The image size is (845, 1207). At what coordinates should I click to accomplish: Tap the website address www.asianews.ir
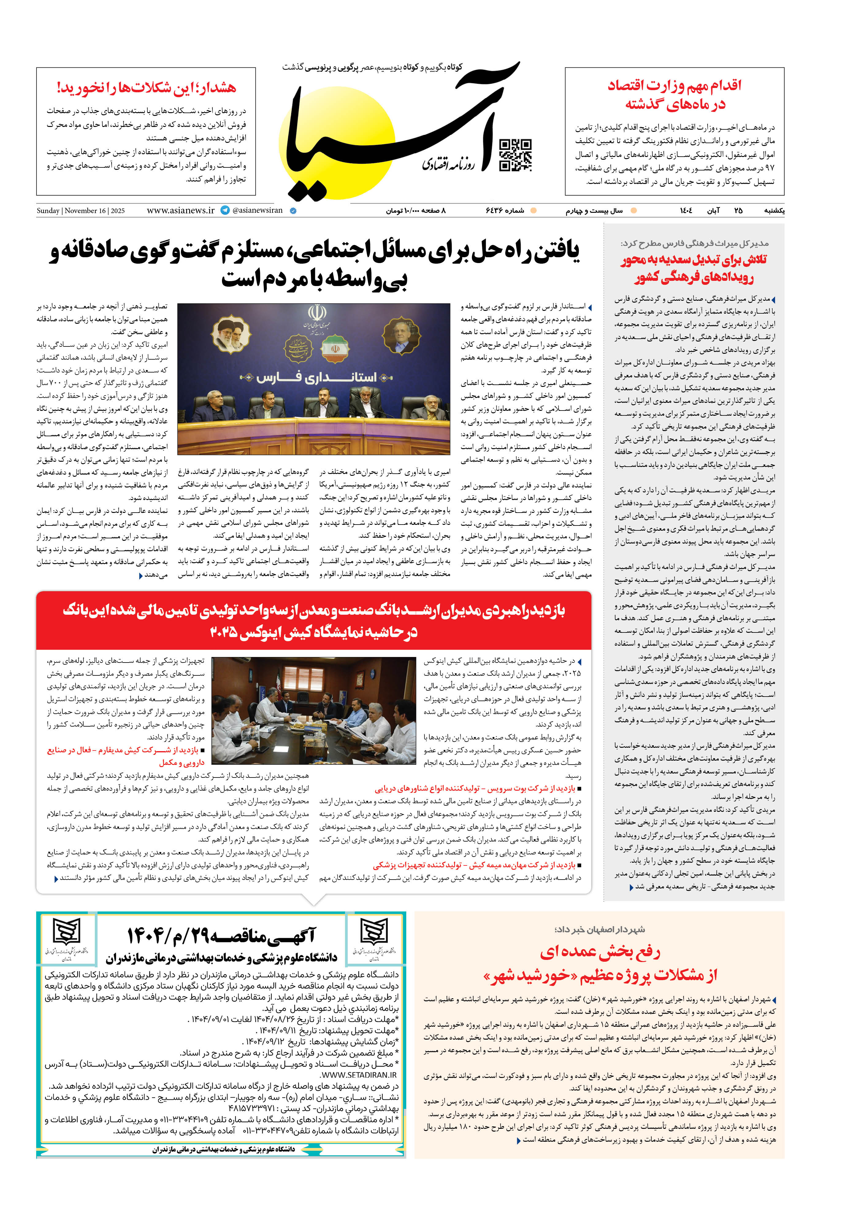180,210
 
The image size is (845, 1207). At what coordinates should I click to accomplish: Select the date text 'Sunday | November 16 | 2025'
80,211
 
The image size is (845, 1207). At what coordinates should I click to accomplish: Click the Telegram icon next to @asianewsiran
225,210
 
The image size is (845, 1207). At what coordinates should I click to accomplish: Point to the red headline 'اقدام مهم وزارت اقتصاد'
674,86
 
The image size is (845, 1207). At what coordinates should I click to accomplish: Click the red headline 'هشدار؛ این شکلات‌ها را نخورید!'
146,88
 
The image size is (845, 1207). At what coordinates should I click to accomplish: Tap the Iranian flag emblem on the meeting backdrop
335,349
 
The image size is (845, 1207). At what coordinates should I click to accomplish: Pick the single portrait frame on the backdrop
401,336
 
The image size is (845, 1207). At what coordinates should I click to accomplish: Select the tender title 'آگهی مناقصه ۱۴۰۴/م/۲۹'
221,935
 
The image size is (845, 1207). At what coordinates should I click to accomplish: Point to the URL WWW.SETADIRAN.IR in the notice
359,1075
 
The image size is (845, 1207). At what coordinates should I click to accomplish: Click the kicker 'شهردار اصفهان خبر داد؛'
599,929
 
